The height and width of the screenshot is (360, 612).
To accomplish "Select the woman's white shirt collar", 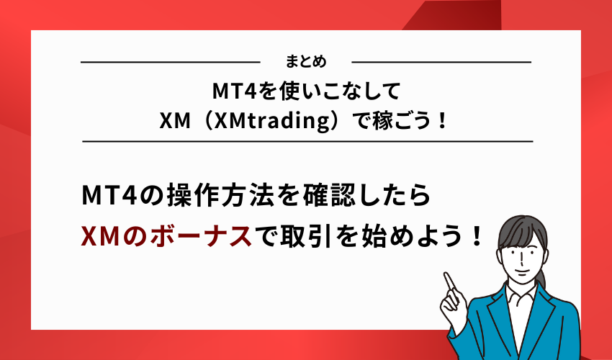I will tap(520, 295).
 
